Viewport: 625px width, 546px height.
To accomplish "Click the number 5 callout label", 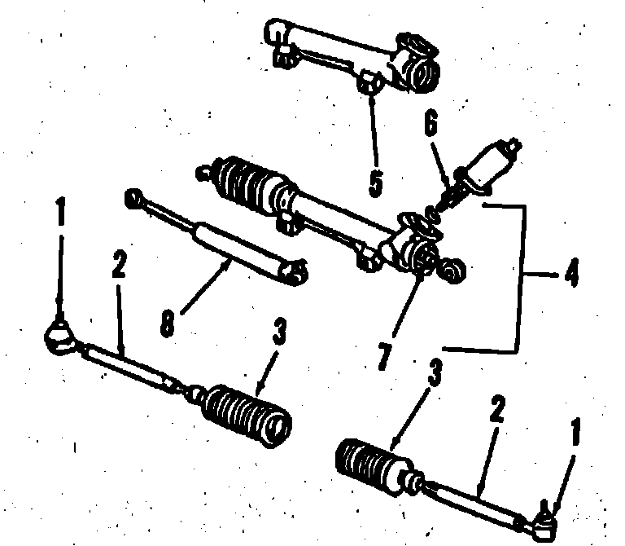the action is tap(375, 181).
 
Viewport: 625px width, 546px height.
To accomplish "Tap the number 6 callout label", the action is tap(431, 125).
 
